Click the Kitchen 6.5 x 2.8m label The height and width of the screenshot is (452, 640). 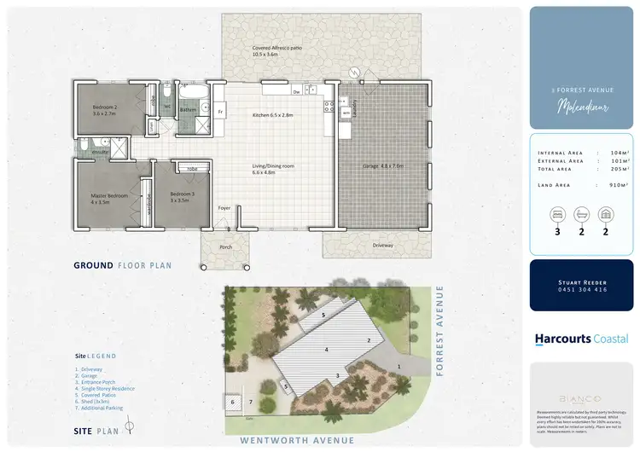[273, 114]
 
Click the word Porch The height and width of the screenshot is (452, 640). [226, 248]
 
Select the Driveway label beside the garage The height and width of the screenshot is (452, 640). [383, 246]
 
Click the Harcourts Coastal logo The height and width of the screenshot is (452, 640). [581, 339]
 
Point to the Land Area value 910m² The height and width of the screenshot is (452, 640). [619, 184]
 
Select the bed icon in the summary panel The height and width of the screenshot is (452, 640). [557, 212]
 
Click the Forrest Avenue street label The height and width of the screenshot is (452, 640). [440, 319]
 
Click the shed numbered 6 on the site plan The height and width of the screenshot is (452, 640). [232, 402]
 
